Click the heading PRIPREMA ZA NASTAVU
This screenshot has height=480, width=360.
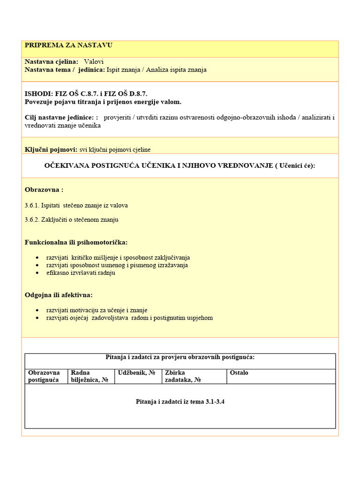point(68,45)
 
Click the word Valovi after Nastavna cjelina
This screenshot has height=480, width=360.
point(94,62)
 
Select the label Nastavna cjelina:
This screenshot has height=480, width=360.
point(52,62)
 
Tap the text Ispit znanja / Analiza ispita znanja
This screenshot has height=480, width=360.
point(157,70)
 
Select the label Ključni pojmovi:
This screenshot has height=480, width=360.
point(51,150)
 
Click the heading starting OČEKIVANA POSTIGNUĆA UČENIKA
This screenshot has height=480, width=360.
point(180,165)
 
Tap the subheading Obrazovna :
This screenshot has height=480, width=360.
point(44,190)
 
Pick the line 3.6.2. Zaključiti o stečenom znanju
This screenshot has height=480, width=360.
point(71,219)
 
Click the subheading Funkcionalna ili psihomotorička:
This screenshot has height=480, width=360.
point(76,242)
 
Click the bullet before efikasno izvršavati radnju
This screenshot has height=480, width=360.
point(37,273)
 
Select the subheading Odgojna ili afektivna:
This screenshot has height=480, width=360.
point(59,295)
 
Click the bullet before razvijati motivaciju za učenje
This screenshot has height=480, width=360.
point(37,310)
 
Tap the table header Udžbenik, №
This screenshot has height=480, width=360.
point(137,373)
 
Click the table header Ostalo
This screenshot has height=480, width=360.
point(239,373)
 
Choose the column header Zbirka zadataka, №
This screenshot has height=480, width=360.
point(183,376)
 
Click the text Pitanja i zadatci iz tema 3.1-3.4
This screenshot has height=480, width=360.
point(180,402)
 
